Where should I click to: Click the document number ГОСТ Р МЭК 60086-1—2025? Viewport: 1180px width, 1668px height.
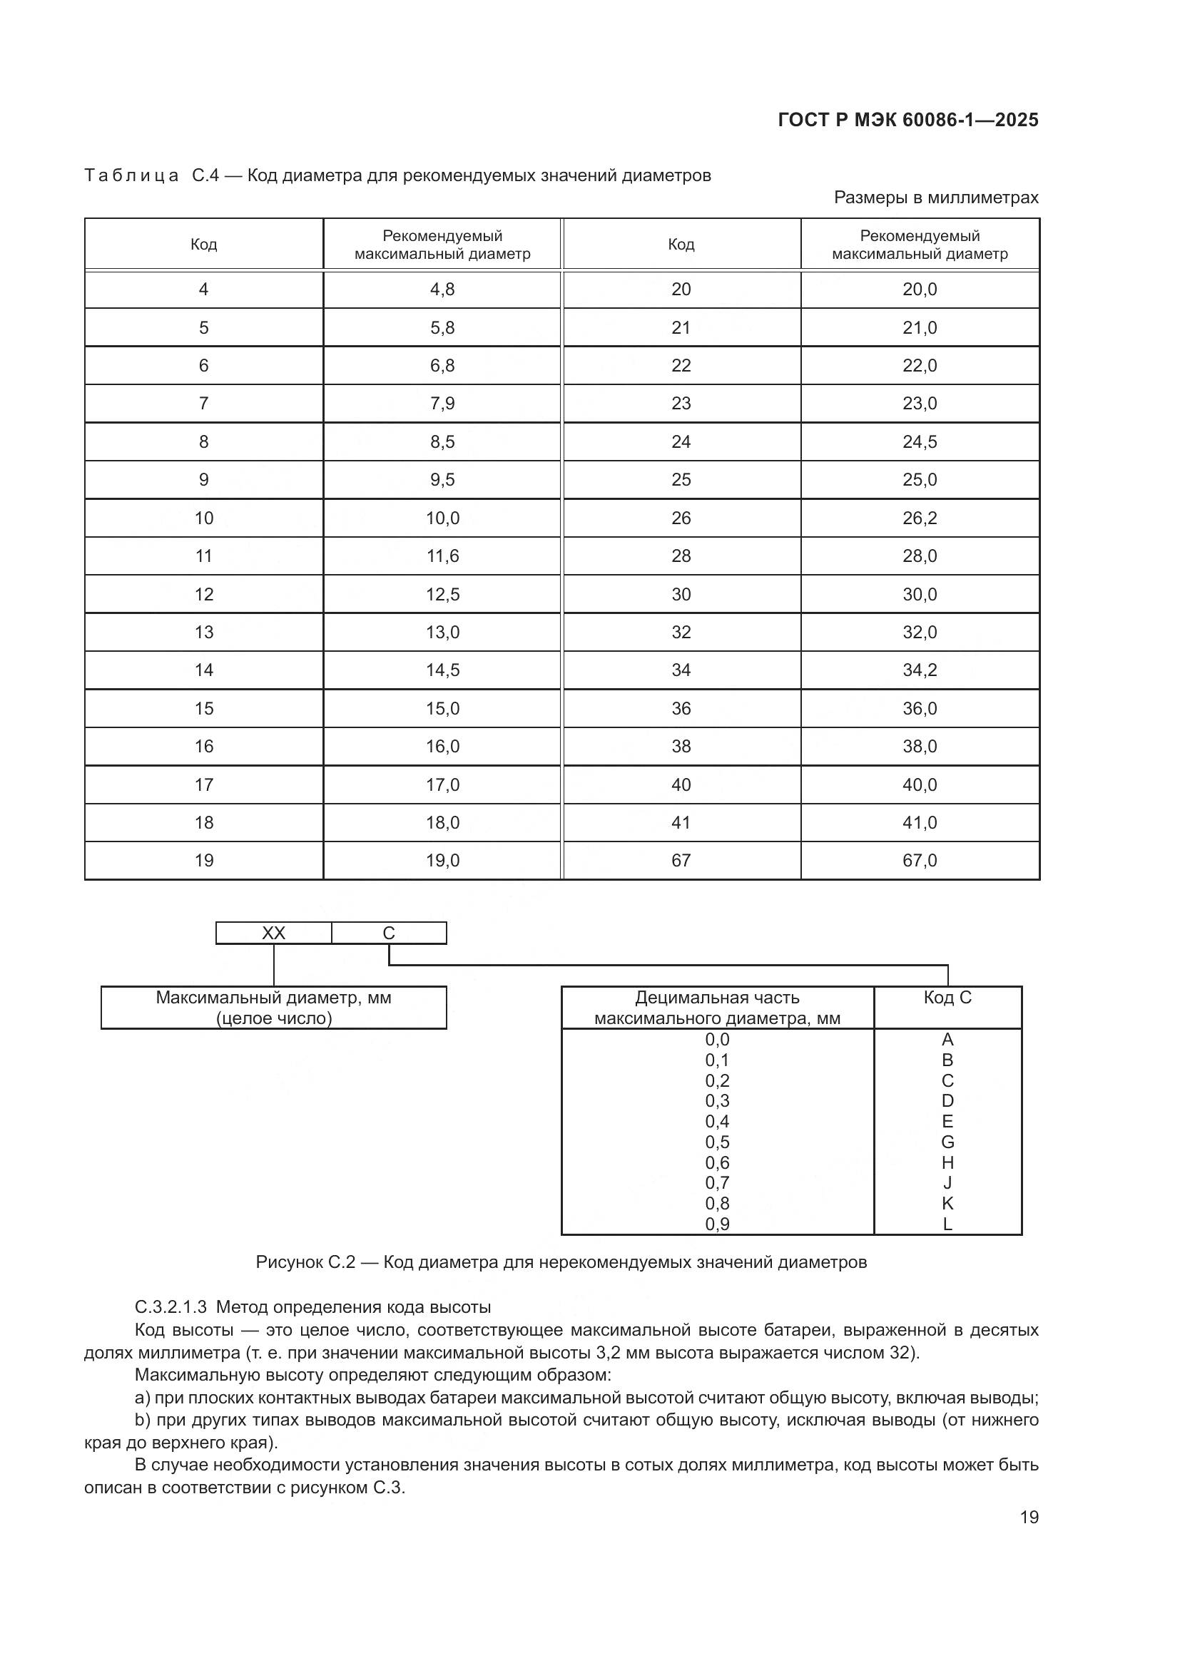(907, 120)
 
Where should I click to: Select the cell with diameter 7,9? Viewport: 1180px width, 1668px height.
(442, 403)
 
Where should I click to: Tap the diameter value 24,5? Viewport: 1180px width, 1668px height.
(919, 441)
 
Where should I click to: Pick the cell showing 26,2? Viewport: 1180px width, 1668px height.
(919, 518)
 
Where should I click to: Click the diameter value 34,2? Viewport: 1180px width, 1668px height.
(919, 670)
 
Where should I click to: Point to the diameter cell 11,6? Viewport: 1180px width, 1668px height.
(442, 556)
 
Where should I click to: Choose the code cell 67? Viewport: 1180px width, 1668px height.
(681, 860)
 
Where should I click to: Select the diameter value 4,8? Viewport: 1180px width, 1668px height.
(442, 289)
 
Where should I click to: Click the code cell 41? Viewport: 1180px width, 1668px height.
(681, 822)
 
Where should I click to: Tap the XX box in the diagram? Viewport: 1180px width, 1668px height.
(273, 933)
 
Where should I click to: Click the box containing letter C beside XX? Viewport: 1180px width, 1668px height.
(389, 933)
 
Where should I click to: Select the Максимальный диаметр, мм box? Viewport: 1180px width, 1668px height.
(273, 1008)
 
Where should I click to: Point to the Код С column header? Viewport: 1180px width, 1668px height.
(947, 998)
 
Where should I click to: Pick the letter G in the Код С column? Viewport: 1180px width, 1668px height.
(947, 1142)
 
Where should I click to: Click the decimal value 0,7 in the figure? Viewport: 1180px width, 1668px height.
(717, 1182)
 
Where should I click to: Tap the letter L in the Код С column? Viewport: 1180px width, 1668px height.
(947, 1224)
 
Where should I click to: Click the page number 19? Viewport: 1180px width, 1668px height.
(1029, 1517)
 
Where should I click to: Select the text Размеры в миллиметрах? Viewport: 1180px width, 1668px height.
(936, 198)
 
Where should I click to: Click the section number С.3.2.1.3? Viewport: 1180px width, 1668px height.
(171, 1307)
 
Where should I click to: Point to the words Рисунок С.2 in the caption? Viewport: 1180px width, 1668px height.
(305, 1262)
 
